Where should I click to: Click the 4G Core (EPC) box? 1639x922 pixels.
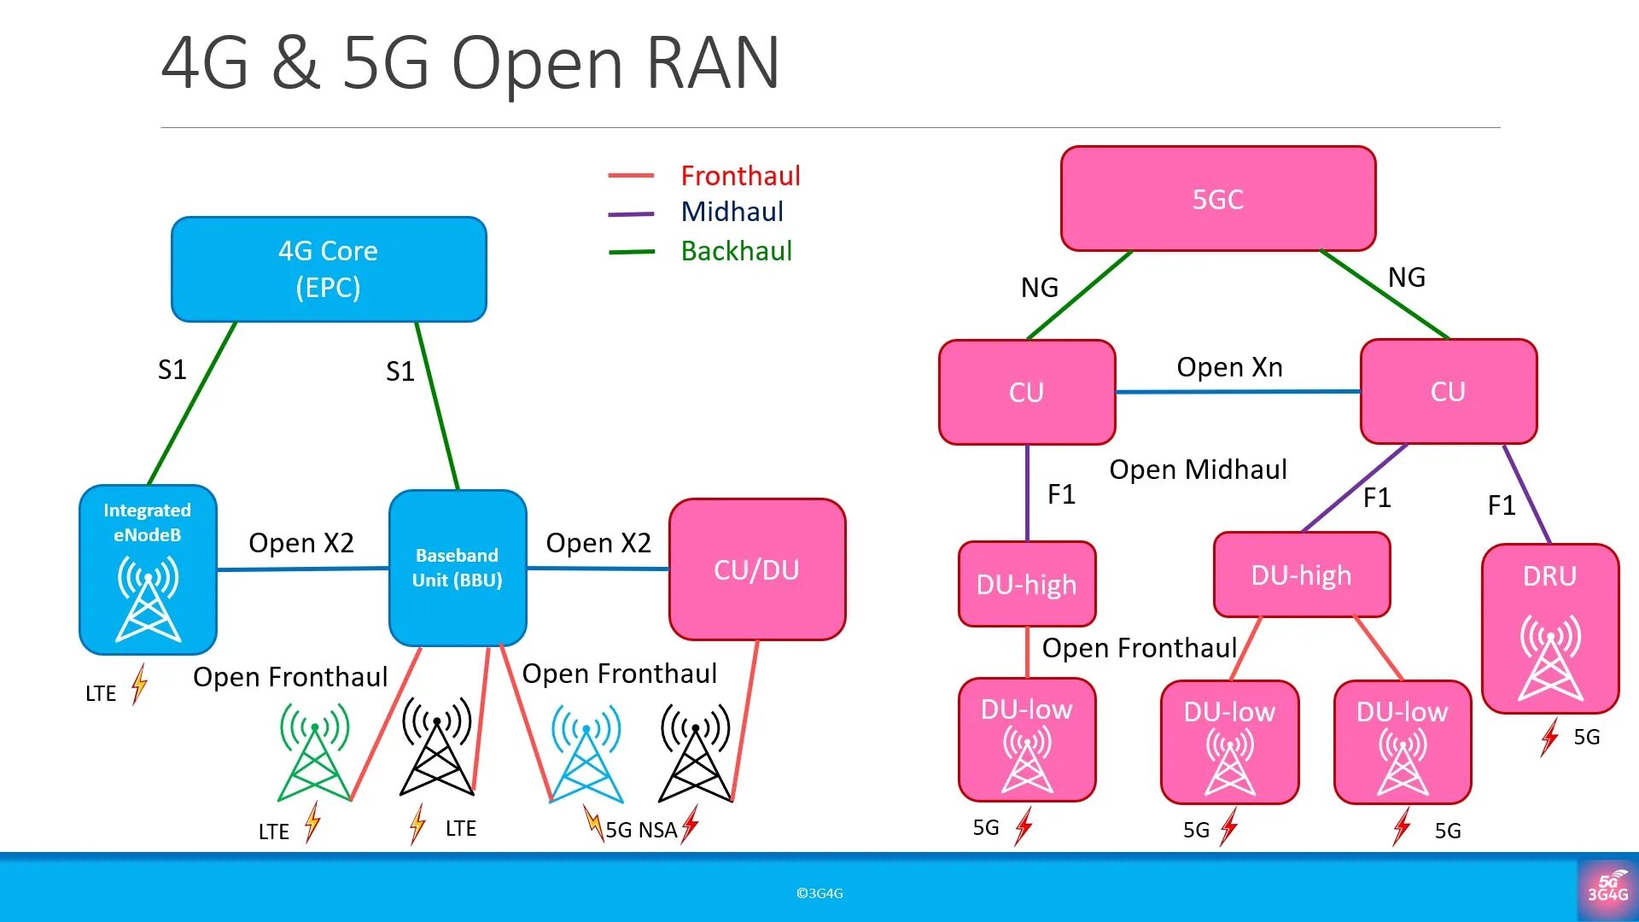(329, 269)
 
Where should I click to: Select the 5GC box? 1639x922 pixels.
(1218, 199)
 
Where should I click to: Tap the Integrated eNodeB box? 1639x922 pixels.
(148, 569)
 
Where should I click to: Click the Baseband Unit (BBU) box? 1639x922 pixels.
(458, 568)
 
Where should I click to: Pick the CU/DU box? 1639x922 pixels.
(757, 569)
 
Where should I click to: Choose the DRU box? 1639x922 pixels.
(1550, 628)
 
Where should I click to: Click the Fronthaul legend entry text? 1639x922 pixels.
(740, 176)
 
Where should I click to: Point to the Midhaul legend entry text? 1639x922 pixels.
(732, 212)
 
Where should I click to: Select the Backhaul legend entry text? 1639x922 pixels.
(736, 251)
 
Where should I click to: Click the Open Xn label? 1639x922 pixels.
(1229, 367)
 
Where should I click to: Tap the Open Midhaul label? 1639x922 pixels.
(1198, 470)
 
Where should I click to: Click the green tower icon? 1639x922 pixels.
(315, 751)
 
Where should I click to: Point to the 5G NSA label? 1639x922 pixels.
(641, 830)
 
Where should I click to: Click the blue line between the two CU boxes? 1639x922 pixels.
(1238, 392)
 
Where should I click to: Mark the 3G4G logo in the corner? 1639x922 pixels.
(1607, 889)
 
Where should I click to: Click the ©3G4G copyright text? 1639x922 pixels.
(819, 893)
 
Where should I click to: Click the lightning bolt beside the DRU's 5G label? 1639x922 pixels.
(1549, 737)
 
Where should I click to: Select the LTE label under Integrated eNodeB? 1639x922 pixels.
(101, 693)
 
